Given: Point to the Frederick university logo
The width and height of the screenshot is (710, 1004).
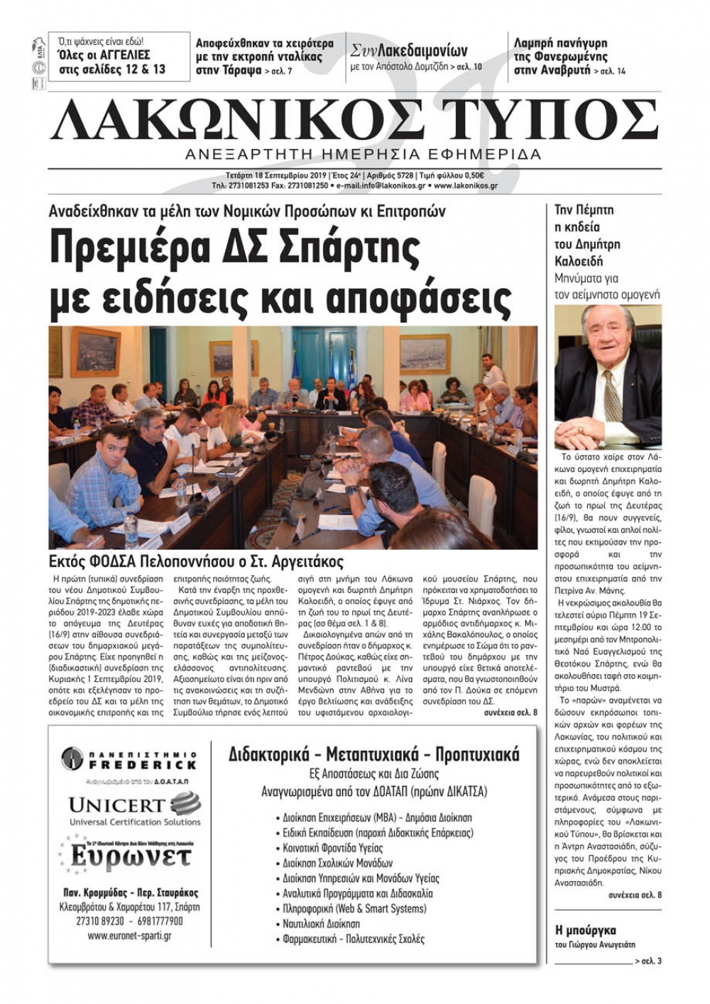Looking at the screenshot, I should [x=129, y=759].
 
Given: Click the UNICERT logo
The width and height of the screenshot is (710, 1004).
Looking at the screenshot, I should [x=134, y=809].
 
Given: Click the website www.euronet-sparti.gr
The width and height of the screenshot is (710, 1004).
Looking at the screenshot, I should [x=129, y=936].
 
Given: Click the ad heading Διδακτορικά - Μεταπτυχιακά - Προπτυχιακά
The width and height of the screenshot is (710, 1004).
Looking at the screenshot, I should [x=373, y=754].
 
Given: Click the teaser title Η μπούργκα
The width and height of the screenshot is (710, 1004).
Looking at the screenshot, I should [x=585, y=930].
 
